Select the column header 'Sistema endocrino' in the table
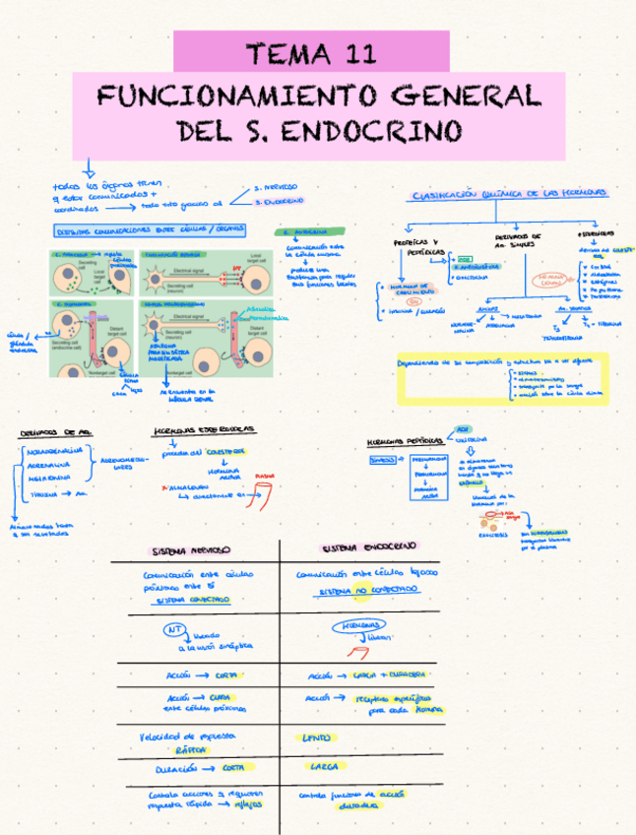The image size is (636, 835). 369,546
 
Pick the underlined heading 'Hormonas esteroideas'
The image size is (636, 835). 205,430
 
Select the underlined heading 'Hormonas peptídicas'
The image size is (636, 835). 399,440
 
